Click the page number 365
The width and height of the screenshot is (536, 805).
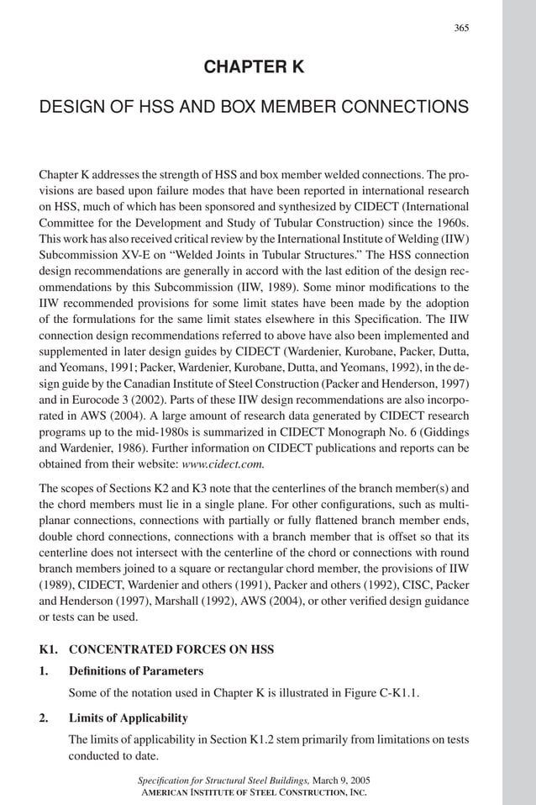pyautogui.click(x=461, y=28)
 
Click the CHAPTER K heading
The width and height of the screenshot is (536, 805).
pyautogui.click(x=254, y=66)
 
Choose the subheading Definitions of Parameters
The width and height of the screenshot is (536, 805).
pyautogui.click(x=135, y=671)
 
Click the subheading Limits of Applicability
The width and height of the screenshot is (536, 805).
pyautogui.click(x=128, y=718)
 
